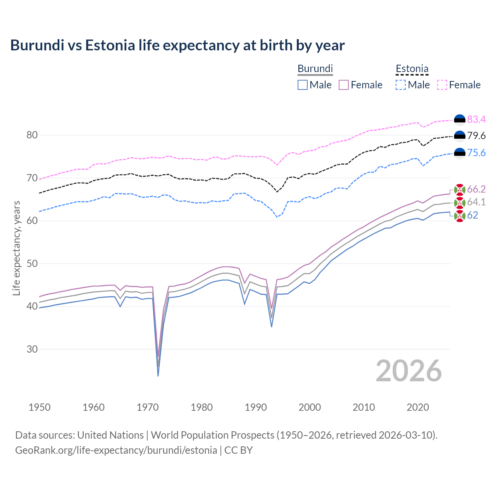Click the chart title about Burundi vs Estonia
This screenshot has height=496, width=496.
[x=177, y=45]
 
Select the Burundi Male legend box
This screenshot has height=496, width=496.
[x=303, y=85]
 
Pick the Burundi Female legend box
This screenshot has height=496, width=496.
[x=344, y=85]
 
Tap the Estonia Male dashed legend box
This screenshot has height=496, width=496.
[x=401, y=85]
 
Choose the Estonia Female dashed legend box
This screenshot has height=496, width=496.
[x=442, y=85]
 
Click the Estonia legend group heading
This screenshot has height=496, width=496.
[x=412, y=69]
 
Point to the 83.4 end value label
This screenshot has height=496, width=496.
[x=476, y=119]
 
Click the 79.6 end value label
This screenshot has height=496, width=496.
[x=476, y=136]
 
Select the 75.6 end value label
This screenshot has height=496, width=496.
[x=476, y=153]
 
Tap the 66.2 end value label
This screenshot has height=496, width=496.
[x=476, y=189]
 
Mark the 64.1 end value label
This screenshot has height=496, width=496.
[x=476, y=202]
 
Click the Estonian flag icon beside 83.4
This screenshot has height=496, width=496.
[x=460, y=120]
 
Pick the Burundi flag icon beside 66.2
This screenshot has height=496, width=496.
[x=460, y=189]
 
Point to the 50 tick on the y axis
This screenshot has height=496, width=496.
[x=32, y=263]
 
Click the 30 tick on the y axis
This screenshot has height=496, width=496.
[x=32, y=349]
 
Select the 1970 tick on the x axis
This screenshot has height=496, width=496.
[x=148, y=407]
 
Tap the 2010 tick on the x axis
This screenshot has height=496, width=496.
[x=363, y=407]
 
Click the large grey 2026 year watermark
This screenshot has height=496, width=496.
[x=409, y=371]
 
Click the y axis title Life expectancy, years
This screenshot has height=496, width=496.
[x=16, y=248]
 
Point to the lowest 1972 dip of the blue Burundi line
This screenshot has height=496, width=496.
[x=158, y=375]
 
